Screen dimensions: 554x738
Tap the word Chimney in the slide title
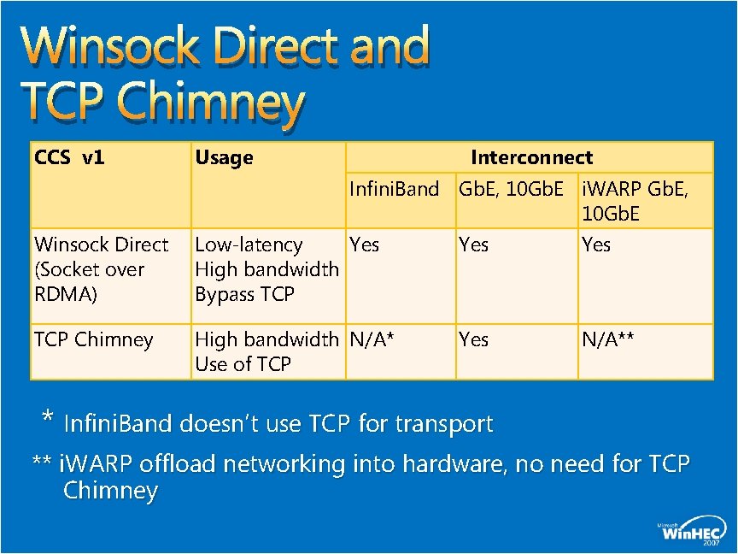[x=211, y=104]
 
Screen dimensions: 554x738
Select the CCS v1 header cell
[x=68, y=157]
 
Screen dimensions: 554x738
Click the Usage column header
[x=225, y=157]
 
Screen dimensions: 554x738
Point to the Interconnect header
[x=531, y=157]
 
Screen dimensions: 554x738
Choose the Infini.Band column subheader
[x=394, y=188]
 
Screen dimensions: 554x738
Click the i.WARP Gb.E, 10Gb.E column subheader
[x=635, y=200]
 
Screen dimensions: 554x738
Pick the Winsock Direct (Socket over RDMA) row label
[x=100, y=269]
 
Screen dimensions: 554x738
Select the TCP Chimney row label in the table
[x=93, y=339]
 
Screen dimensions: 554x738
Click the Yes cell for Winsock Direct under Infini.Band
[x=365, y=245]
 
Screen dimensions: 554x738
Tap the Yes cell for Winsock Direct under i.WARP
[x=596, y=245]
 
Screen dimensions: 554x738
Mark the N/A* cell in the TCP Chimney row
[x=372, y=339]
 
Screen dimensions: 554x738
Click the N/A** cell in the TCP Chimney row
[x=608, y=339]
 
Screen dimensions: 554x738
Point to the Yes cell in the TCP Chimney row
[x=474, y=339]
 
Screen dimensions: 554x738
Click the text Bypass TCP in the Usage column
[x=244, y=294]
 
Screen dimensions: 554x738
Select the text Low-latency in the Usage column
[x=249, y=245]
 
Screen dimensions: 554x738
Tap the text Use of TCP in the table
[x=243, y=364]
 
